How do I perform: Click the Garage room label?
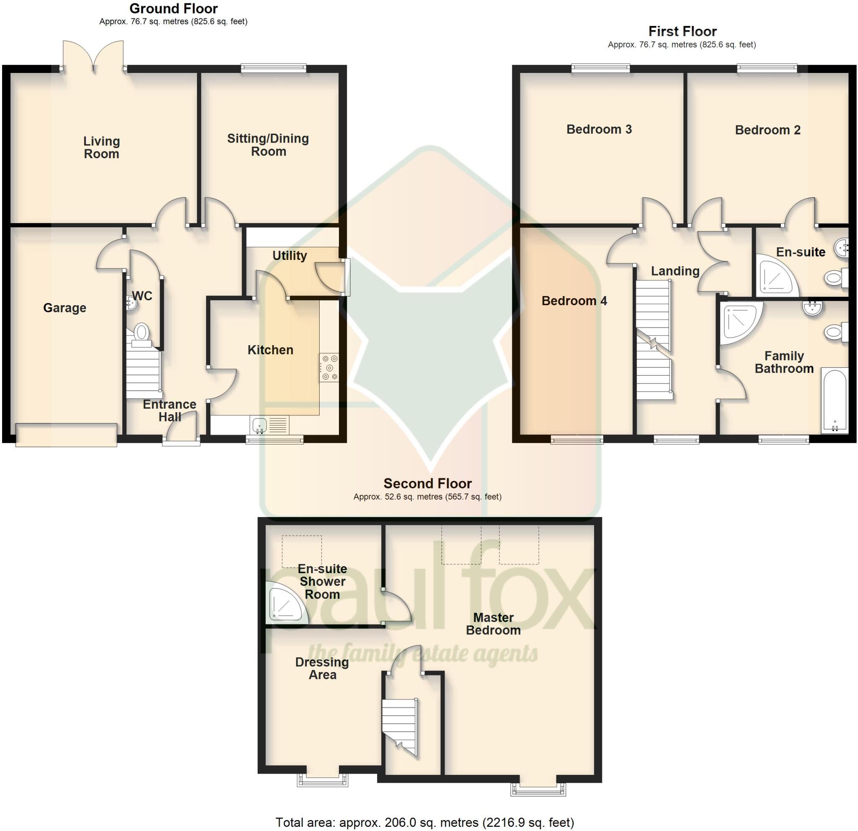[65, 308]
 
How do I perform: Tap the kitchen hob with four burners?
[329, 367]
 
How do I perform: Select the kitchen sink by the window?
[260, 424]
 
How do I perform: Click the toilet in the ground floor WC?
[141, 333]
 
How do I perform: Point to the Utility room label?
[289, 256]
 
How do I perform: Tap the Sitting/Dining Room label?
[268, 145]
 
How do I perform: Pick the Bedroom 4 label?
[574, 301]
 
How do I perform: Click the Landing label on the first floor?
[675, 271]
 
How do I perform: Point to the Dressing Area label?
[322, 668]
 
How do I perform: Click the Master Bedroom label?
[494, 624]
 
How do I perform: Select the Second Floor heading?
[427, 483]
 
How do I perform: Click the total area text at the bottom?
[425, 823]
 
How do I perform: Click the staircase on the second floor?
[400, 727]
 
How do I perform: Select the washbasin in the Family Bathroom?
[812, 309]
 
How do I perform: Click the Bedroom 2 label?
[768, 130]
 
